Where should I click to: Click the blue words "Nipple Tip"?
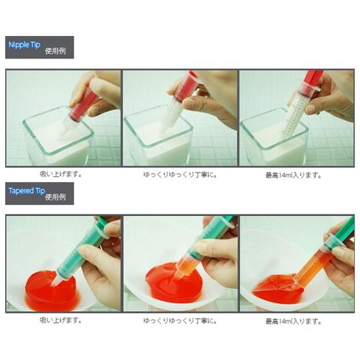tap(24, 45)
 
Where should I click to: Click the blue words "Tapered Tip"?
tap(27, 190)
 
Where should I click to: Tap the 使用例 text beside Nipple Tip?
tap(55, 51)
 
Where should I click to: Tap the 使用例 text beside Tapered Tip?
tap(55, 197)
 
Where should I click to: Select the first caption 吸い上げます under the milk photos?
tap(61, 174)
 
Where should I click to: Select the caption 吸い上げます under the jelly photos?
tap(61, 320)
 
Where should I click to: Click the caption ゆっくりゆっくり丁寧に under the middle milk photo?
tap(180, 175)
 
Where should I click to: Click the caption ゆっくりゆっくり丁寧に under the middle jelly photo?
tap(180, 320)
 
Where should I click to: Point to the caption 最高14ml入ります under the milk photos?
tap(293, 175)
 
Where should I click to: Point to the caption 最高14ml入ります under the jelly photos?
tap(293, 321)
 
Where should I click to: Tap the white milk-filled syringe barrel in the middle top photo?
tap(172, 112)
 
